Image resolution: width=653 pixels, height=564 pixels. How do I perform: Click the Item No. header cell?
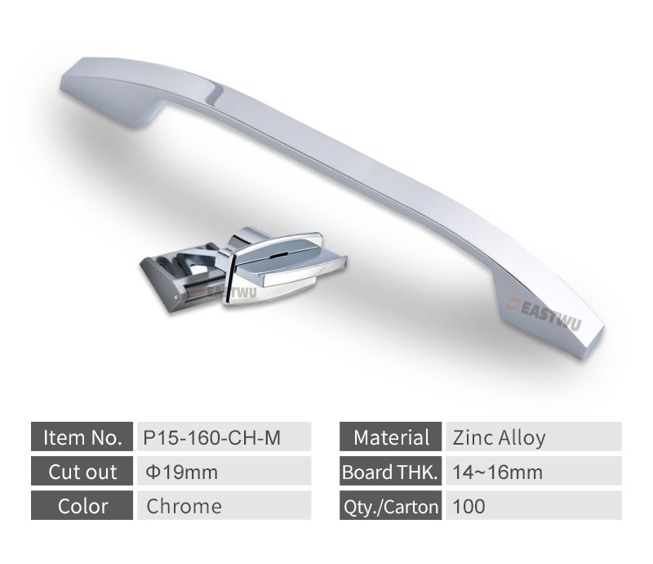82,436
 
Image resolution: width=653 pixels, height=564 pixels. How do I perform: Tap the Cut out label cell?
82,471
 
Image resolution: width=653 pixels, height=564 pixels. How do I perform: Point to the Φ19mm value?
182,472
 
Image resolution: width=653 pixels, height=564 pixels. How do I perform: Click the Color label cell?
82,505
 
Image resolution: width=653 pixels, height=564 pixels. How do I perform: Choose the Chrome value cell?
224,505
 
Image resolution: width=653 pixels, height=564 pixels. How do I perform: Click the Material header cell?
391,436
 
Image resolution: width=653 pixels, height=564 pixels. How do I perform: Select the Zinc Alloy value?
499,438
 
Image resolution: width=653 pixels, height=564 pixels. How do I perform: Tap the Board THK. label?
391,471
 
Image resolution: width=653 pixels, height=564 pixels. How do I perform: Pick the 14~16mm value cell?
534,471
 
